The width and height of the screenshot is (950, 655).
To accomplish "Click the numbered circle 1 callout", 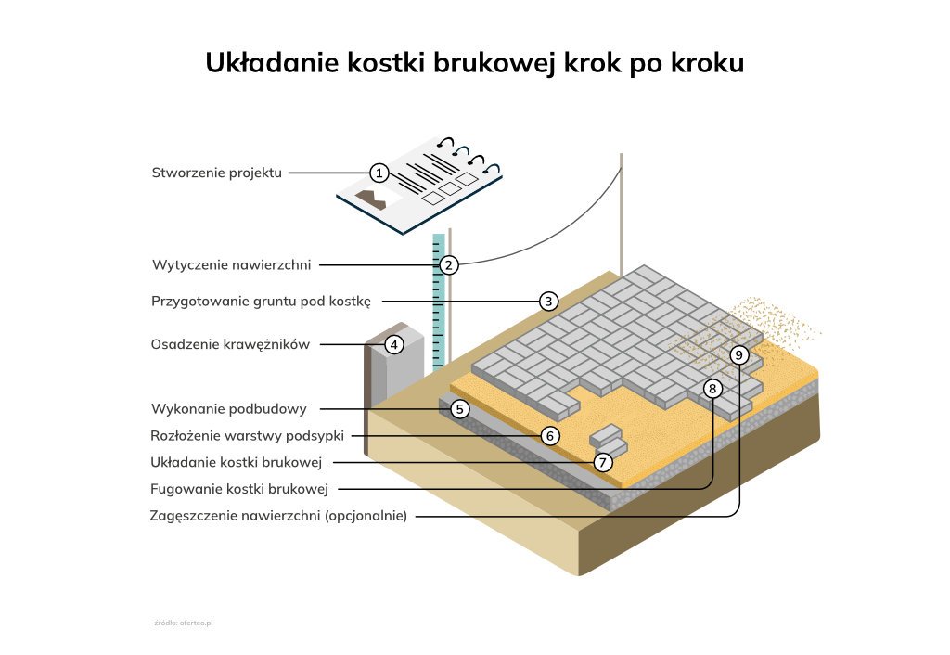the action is (379, 173).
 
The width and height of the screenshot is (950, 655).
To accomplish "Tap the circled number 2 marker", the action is (449, 264).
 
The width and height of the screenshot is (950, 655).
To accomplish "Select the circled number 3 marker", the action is (549, 302).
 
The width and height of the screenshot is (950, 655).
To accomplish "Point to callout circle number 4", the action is (394, 345).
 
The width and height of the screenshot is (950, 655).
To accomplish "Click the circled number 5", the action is (460, 409).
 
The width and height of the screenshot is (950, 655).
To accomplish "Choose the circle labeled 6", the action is (550, 436).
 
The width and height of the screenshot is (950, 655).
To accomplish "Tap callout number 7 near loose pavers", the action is (603, 462).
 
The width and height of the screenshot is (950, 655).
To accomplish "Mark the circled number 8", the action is (712, 389).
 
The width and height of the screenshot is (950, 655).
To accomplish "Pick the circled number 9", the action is (739, 354).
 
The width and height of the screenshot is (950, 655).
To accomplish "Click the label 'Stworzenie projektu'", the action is (217, 173).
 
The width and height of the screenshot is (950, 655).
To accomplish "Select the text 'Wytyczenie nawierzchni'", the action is (231, 264).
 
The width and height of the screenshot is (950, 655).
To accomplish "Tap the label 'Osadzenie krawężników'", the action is (230, 345).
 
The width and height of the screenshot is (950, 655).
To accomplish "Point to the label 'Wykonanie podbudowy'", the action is (229, 409).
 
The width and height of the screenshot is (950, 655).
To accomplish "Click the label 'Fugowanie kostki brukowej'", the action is (239, 489).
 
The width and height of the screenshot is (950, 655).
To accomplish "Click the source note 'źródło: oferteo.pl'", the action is (184, 623).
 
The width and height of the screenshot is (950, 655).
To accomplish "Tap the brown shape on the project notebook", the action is (370, 199).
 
